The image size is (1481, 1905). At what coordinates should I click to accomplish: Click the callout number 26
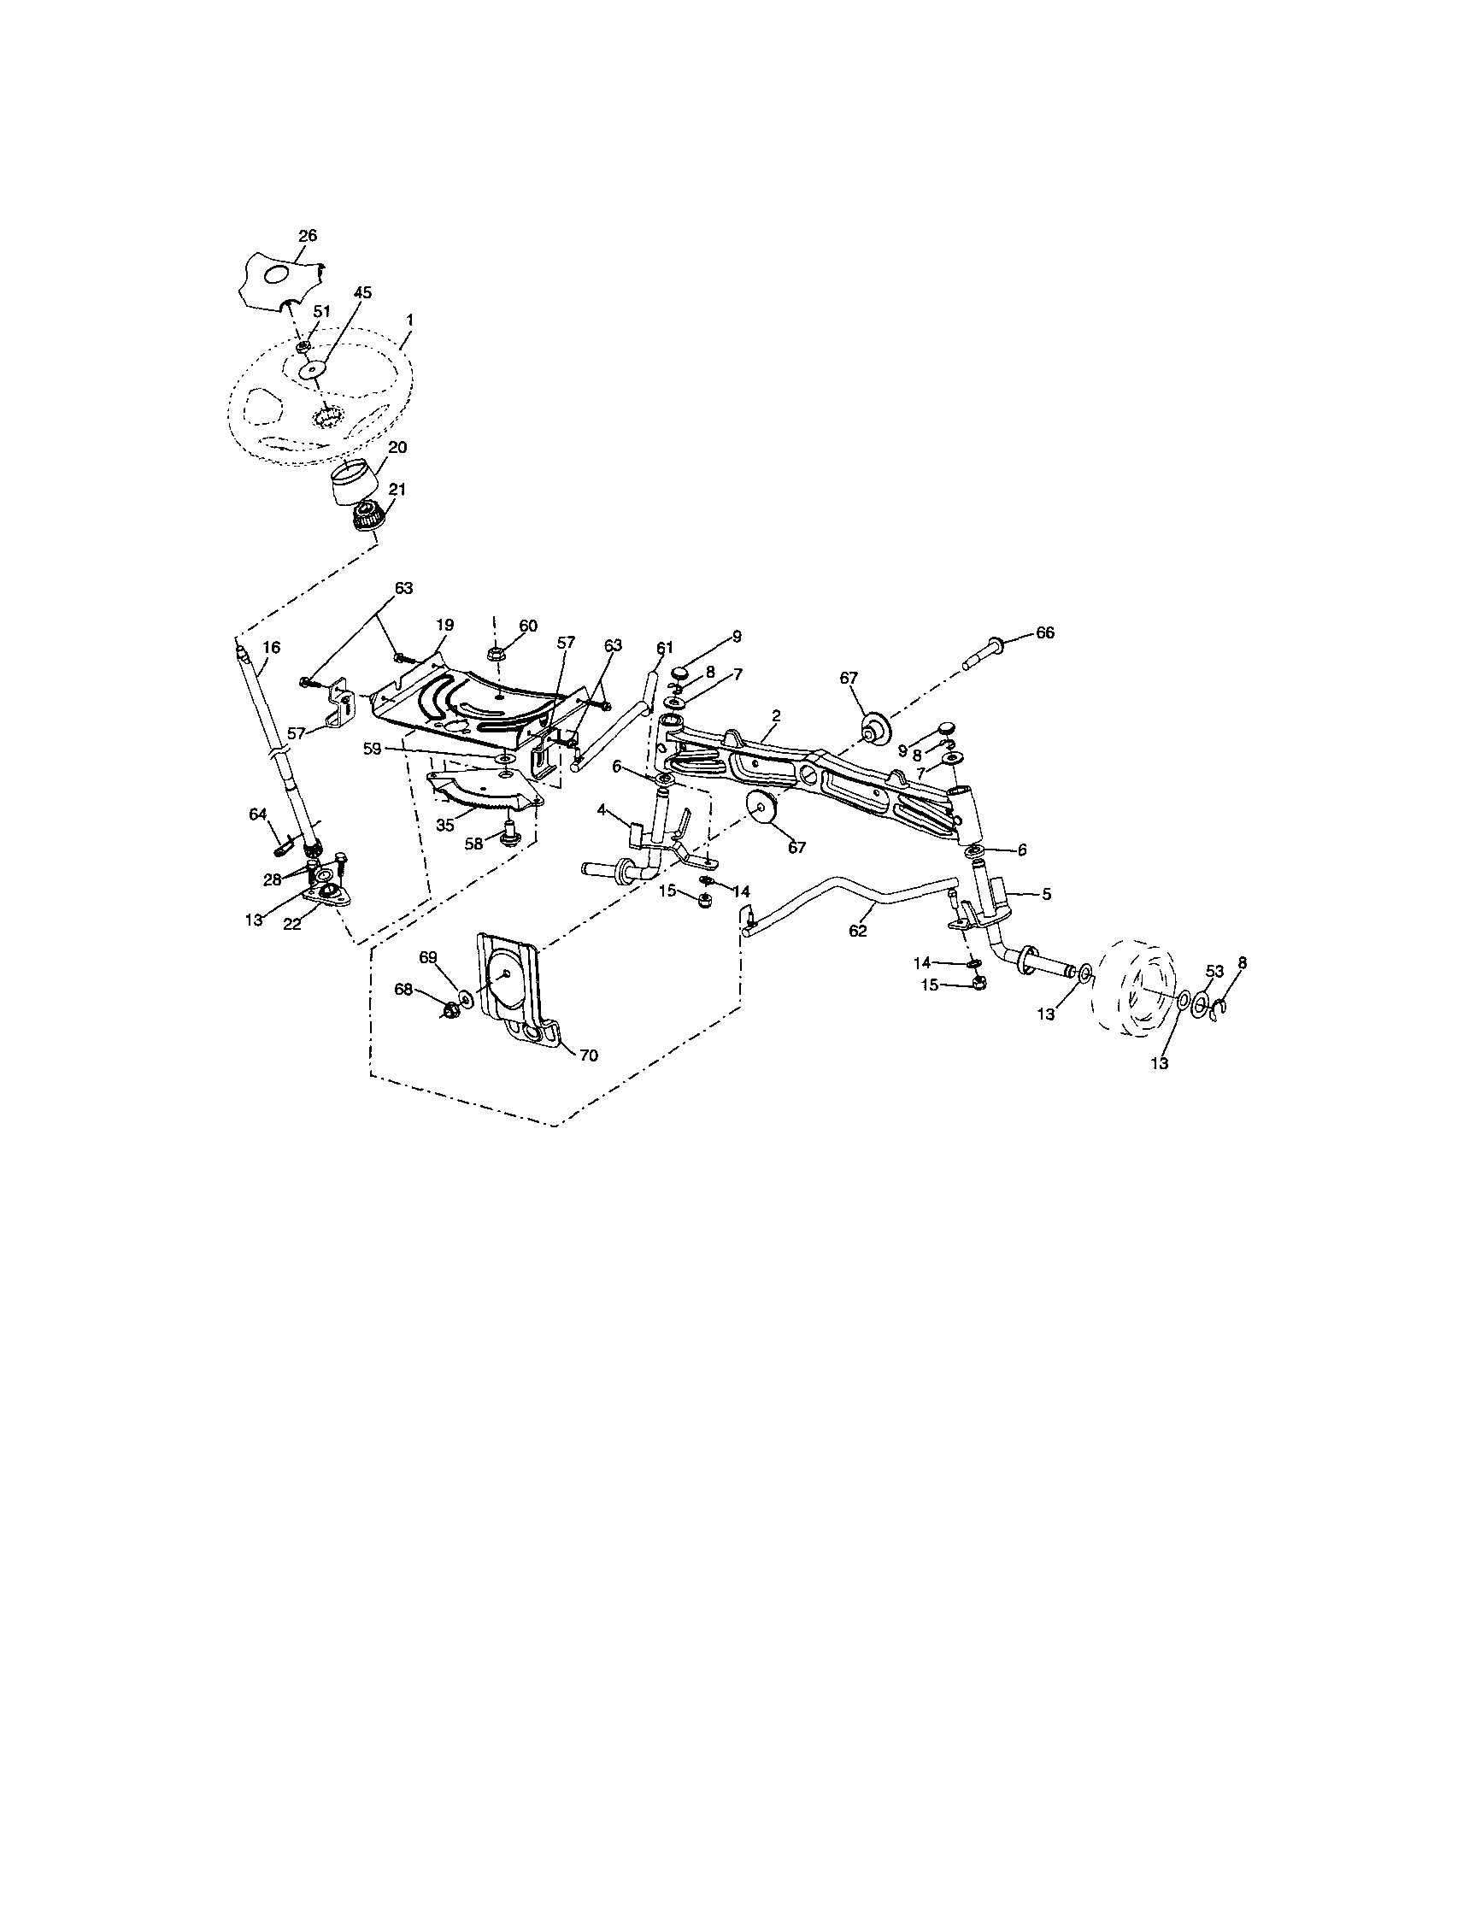[x=307, y=236]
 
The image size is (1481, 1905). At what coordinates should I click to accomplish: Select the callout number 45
[x=362, y=293]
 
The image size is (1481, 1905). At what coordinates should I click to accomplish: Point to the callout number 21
[x=397, y=491]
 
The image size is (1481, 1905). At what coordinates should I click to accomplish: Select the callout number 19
[x=445, y=626]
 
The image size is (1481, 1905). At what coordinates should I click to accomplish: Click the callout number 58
[x=473, y=844]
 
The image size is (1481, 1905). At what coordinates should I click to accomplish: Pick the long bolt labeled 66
[x=985, y=651]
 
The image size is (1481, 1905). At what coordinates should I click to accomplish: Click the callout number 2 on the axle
[x=775, y=715]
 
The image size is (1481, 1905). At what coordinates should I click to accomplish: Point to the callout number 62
[x=858, y=931]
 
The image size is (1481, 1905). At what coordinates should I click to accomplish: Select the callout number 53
[x=1214, y=972]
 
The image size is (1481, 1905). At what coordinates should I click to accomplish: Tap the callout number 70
[x=589, y=1055]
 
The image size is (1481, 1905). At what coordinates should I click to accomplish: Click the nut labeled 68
[x=451, y=1011]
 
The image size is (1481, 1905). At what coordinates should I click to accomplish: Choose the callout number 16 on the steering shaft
[x=271, y=647]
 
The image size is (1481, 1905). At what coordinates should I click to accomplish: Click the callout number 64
[x=257, y=814]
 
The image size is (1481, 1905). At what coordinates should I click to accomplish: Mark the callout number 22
[x=292, y=924]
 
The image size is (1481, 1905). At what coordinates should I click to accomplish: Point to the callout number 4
[x=601, y=810]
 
